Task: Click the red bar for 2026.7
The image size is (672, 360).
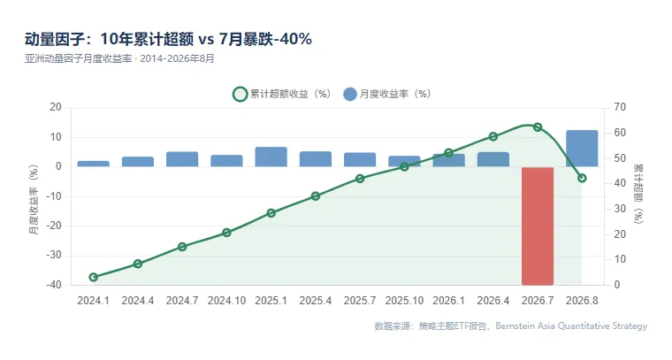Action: [538, 226]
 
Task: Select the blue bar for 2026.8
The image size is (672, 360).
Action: [582, 149]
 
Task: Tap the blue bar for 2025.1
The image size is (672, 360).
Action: [271, 157]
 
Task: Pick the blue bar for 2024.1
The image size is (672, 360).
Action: [94, 164]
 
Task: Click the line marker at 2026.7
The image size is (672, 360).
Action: [538, 126]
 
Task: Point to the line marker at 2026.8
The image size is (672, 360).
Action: [582, 178]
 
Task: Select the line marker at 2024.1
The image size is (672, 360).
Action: [94, 277]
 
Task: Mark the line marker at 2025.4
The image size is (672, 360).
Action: [316, 196]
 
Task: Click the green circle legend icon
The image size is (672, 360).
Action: [240, 94]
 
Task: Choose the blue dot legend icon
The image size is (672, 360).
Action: [350, 94]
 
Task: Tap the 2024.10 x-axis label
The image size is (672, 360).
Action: [226, 301]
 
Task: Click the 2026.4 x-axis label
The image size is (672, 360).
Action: [493, 301]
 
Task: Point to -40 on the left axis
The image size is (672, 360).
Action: [54, 285]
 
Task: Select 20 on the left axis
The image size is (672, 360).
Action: [56, 107]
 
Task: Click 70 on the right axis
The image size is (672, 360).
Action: [620, 107]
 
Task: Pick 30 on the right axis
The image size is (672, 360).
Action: [620, 209]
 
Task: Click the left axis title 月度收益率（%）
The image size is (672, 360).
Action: [34, 200]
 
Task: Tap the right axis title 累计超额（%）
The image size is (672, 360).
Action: [638, 194]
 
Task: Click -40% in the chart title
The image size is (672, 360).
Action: [294, 39]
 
